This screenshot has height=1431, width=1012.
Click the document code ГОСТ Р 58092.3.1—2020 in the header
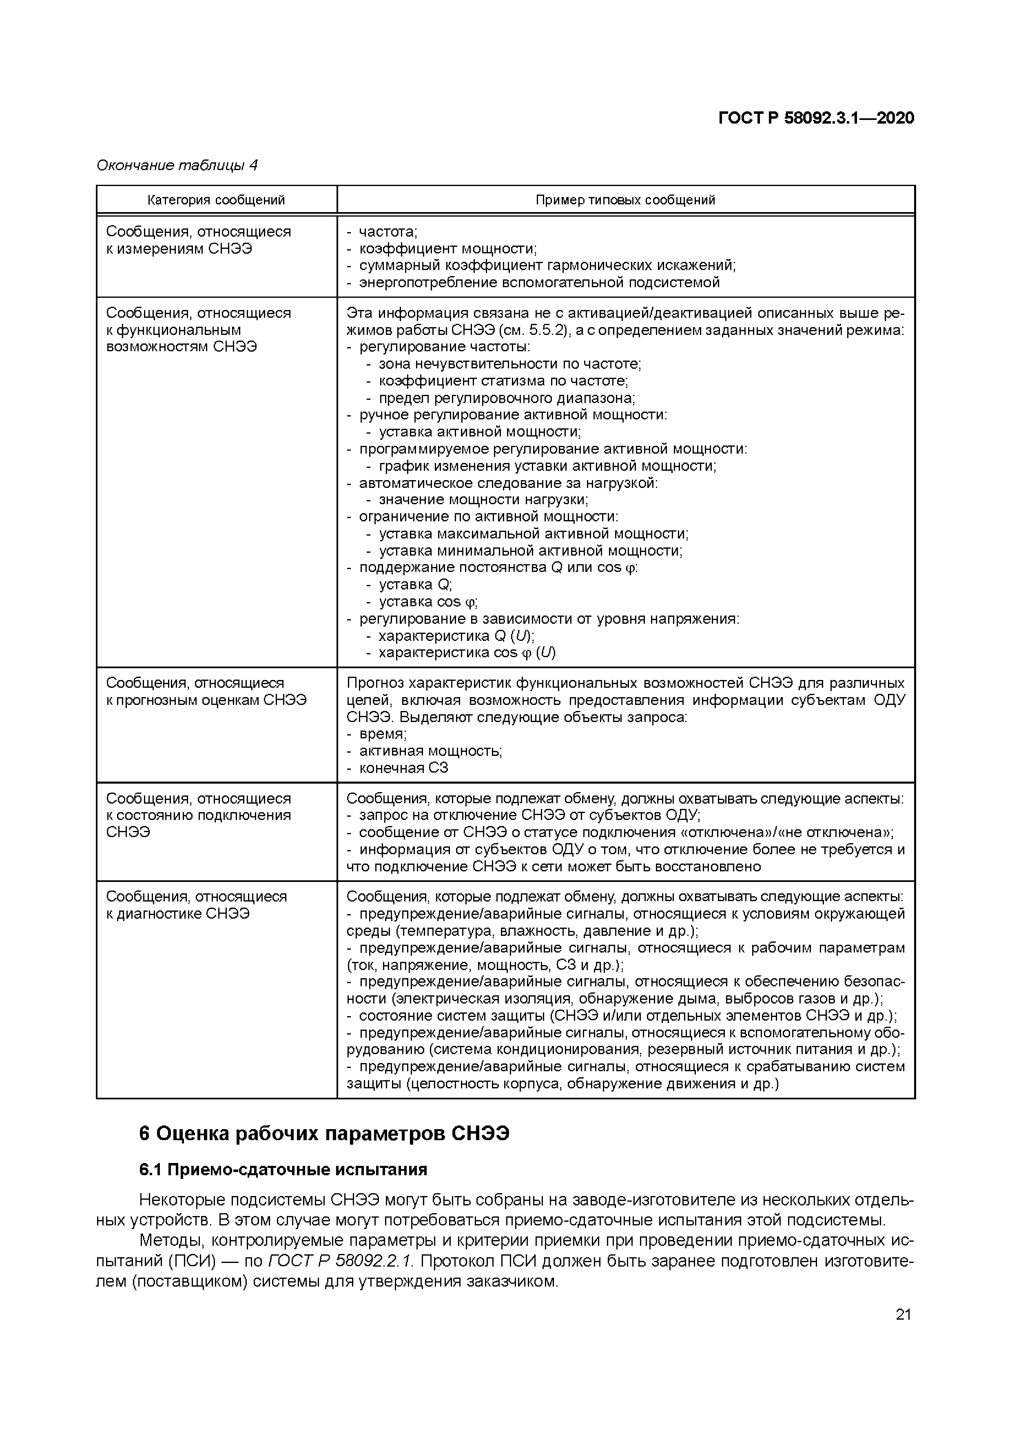coord(816,118)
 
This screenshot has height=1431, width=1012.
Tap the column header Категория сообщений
coord(216,200)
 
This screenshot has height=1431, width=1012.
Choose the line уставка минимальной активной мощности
coord(530,551)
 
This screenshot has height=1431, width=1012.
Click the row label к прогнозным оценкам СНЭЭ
coord(206,700)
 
